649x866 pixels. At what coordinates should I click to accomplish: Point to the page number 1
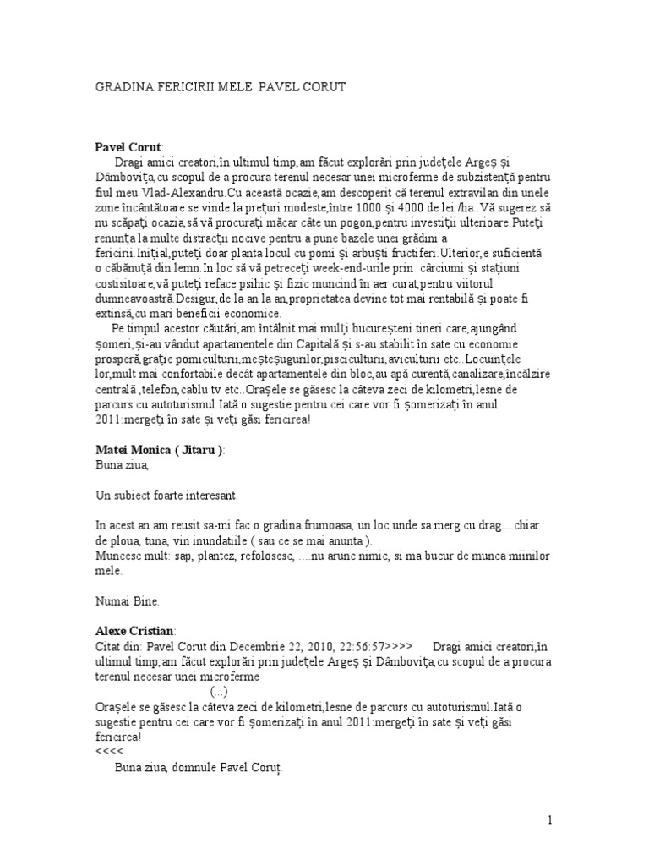pyautogui.click(x=550, y=819)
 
